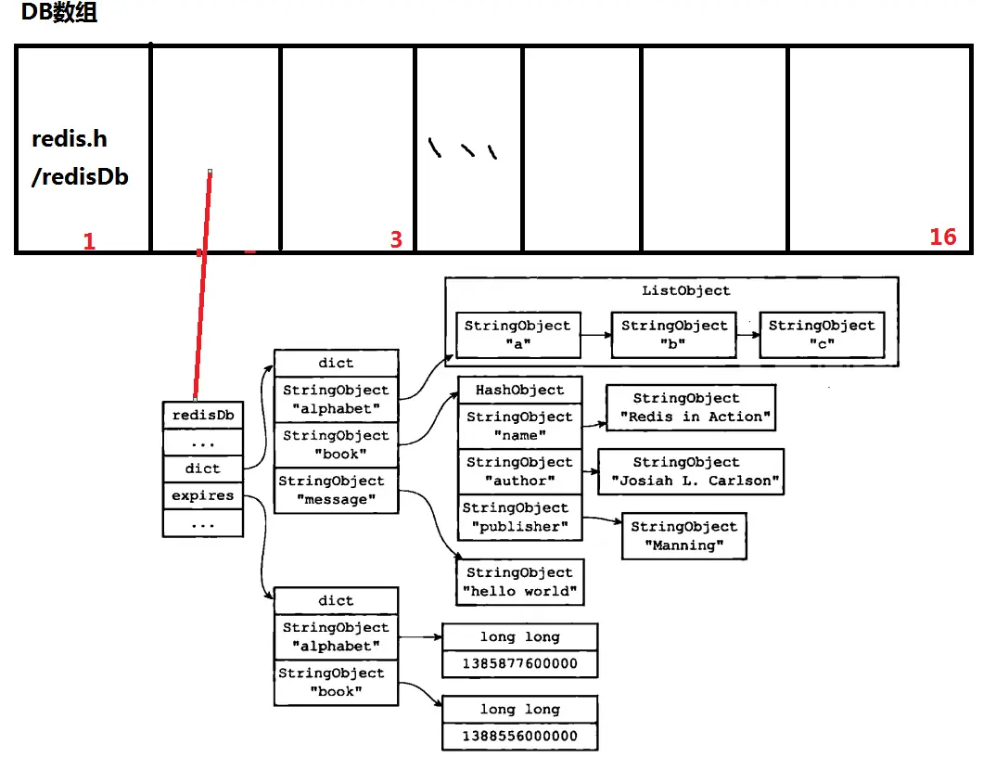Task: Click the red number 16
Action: pyautogui.click(x=942, y=237)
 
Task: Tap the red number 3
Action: pyautogui.click(x=396, y=239)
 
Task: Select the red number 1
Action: pyautogui.click(x=89, y=242)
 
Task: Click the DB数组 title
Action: pyautogui.click(x=59, y=14)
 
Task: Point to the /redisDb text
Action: pyautogui.click(x=80, y=176)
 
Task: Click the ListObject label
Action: pyautogui.click(x=685, y=290)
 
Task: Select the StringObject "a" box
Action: pyautogui.click(x=517, y=335)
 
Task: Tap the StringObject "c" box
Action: pyautogui.click(x=821, y=335)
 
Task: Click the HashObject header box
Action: pyautogui.click(x=519, y=390)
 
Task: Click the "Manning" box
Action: pyautogui.click(x=684, y=535)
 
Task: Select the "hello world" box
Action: pyautogui.click(x=519, y=582)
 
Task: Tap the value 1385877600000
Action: pyautogui.click(x=519, y=663)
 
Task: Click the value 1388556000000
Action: pyautogui.click(x=519, y=736)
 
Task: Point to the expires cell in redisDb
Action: pyautogui.click(x=202, y=495)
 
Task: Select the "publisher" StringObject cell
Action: pyautogui.click(x=517, y=517)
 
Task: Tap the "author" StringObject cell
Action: pyautogui.click(x=519, y=471)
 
